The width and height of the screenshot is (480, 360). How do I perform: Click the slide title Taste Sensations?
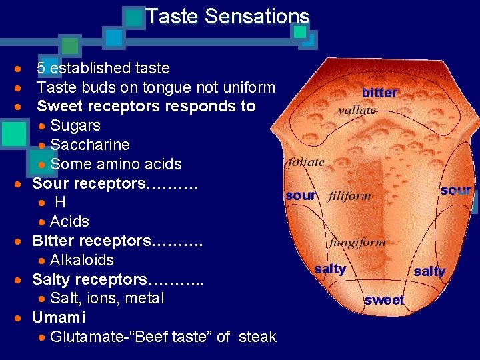[227, 16]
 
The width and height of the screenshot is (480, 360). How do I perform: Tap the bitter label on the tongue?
[379, 93]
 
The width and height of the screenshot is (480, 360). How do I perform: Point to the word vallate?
[357, 110]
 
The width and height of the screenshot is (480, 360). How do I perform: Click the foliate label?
[305, 162]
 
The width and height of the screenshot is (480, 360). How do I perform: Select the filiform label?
[349, 197]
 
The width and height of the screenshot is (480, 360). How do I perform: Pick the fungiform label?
[356, 243]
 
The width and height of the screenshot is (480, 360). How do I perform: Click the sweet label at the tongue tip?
[384, 300]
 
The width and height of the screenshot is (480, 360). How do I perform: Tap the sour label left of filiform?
[301, 195]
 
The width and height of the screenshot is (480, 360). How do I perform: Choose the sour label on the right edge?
[456, 191]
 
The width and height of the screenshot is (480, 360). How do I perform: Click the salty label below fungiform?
[330, 269]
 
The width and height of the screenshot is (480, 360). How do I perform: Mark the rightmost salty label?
[429, 271]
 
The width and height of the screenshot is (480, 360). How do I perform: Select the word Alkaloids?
[82, 260]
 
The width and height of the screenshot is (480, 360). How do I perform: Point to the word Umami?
[59, 317]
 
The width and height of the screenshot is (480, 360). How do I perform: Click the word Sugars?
[75, 125]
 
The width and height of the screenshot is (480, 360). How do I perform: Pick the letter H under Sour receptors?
[60, 202]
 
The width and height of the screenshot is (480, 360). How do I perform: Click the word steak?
[257, 337]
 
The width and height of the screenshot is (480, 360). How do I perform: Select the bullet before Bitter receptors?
[23, 241]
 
